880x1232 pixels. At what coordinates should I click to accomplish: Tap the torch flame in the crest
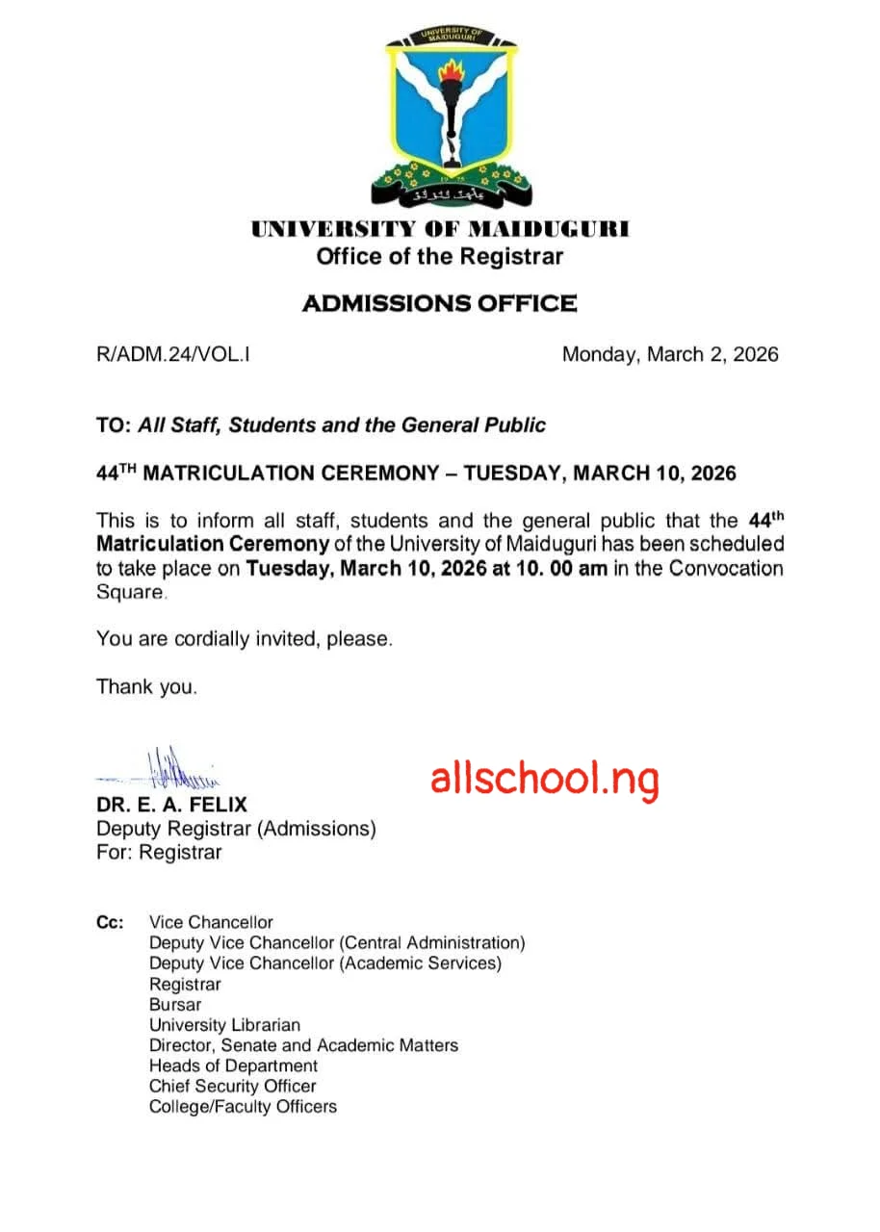pyautogui.click(x=452, y=73)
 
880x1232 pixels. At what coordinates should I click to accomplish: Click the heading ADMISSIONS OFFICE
pyautogui.click(x=440, y=304)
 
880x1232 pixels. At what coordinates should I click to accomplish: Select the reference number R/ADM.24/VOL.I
pyautogui.click(x=173, y=354)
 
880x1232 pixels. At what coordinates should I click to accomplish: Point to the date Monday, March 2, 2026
pyautogui.click(x=670, y=354)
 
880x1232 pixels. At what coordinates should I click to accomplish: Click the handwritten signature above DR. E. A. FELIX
pyautogui.click(x=164, y=767)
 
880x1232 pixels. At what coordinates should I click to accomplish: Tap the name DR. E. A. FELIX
pyautogui.click(x=171, y=805)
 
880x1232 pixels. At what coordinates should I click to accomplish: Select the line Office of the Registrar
pyautogui.click(x=440, y=257)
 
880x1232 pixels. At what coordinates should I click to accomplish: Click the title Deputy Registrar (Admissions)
pyautogui.click(x=236, y=829)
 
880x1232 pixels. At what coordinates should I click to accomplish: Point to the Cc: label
pyautogui.click(x=110, y=923)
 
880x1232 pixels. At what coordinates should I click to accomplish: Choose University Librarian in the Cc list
pyautogui.click(x=224, y=1025)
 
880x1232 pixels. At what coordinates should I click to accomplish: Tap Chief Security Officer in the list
pyautogui.click(x=232, y=1086)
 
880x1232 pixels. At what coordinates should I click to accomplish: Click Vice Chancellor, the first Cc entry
pyautogui.click(x=211, y=923)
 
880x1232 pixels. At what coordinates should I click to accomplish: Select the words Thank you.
pyautogui.click(x=146, y=687)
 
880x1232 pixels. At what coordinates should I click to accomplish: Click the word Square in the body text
pyautogui.click(x=130, y=592)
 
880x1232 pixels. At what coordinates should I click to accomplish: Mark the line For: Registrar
pyautogui.click(x=159, y=853)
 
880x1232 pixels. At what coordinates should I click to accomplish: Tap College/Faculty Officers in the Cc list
pyautogui.click(x=243, y=1107)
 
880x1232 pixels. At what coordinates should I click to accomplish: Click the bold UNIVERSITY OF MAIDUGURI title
pyautogui.click(x=440, y=230)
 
